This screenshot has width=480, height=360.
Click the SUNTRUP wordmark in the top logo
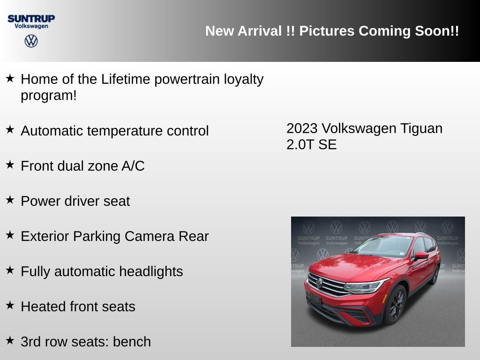tap(31, 19)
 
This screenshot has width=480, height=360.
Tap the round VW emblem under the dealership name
tap(31, 41)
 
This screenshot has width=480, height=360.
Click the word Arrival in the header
tap(260, 31)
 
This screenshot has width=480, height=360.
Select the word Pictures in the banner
tap(327, 31)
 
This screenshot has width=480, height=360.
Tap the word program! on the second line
tap(49, 96)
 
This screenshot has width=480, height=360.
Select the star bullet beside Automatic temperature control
tap(10, 129)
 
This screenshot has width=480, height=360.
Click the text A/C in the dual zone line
tap(133, 166)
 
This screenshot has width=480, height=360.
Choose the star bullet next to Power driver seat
tap(10, 200)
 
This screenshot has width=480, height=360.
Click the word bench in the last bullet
tap(132, 342)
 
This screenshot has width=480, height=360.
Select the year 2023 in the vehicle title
tap(302, 128)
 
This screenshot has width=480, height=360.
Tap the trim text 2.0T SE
tap(312, 145)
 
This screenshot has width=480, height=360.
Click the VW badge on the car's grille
tap(319, 283)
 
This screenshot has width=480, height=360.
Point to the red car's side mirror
tap(421, 255)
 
